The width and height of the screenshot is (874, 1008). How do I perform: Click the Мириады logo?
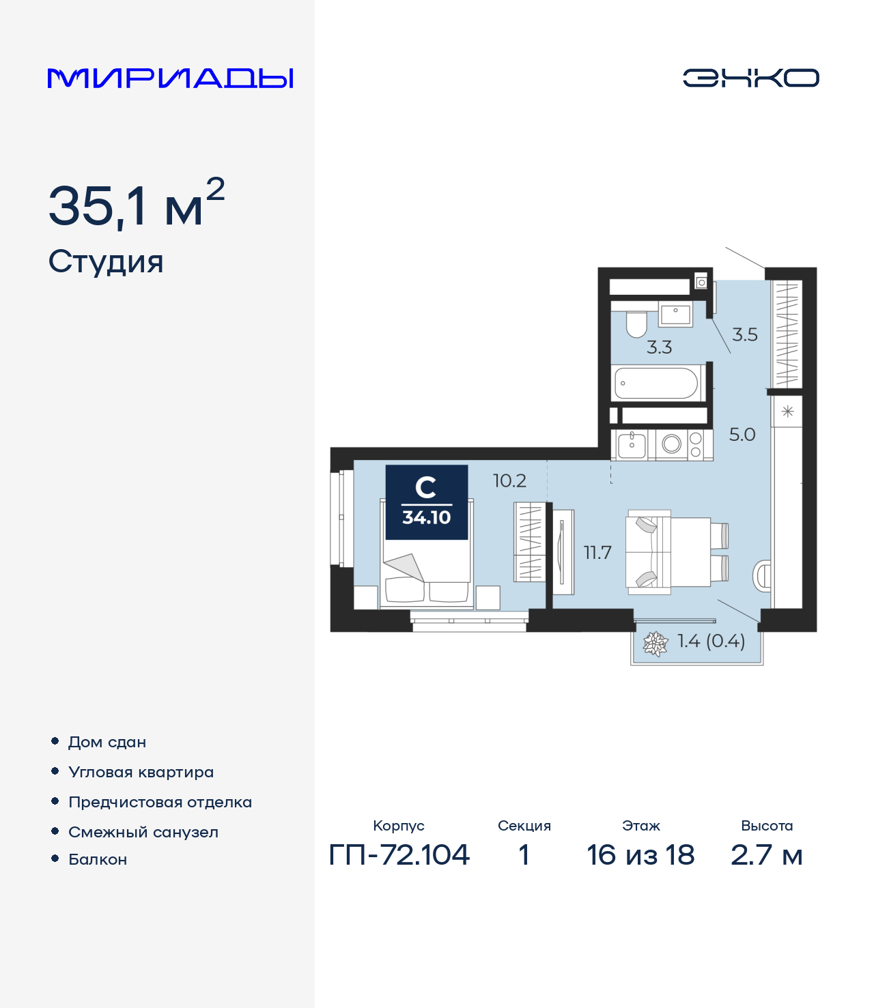click(x=170, y=78)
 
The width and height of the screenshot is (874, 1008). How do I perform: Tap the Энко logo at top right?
click(x=750, y=78)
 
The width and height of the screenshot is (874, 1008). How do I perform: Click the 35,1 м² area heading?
click(x=136, y=205)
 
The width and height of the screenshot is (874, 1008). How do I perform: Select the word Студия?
click(x=106, y=262)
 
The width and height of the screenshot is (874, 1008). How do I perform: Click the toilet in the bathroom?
click(x=636, y=325)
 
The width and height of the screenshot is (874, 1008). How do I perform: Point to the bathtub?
click(x=656, y=384)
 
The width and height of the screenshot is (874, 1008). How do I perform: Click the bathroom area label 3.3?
click(x=659, y=347)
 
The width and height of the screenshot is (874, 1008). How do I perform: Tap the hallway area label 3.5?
click(x=744, y=334)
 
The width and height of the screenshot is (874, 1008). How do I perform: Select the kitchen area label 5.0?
click(x=742, y=435)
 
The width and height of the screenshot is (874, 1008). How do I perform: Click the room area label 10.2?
click(x=509, y=481)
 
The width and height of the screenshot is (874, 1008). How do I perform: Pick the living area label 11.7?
click(x=597, y=553)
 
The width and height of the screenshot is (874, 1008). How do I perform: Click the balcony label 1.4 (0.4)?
click(x=711, y=641)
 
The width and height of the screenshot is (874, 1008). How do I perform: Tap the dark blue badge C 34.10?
click(x=427, y=502)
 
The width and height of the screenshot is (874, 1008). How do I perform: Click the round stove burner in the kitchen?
click(x=671, y=444)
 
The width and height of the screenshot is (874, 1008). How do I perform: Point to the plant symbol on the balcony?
click(x=655, y=644)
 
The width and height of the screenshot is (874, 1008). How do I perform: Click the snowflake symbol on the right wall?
click(x=787, y=412)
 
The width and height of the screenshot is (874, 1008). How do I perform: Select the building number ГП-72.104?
click(x=399, y=854)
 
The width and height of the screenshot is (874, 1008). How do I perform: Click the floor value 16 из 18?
click(x=640, y=854)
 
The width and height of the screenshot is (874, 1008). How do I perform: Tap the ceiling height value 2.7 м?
click(x=766, y=854)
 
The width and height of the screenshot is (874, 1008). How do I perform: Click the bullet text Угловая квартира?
click(x=141, y=772)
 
